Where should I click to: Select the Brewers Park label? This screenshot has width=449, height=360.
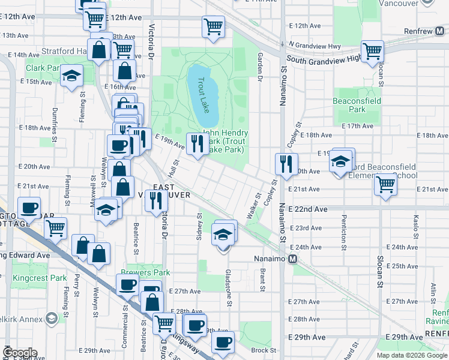click(145, 272)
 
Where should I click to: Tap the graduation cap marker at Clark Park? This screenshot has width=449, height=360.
click(72, 76)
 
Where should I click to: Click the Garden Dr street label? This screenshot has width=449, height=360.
click(261, 66)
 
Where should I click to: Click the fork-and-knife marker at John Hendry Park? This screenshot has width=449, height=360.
click(197, 143)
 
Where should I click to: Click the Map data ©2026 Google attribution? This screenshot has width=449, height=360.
click(411, 355)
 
